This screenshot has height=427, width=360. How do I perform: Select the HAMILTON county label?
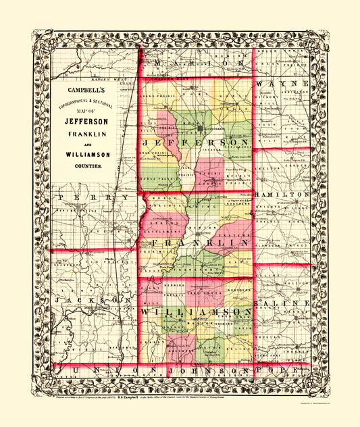click(282, 194)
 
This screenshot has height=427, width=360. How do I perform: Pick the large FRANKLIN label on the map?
click(196, 242)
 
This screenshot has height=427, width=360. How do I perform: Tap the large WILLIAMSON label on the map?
click(196, 311)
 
